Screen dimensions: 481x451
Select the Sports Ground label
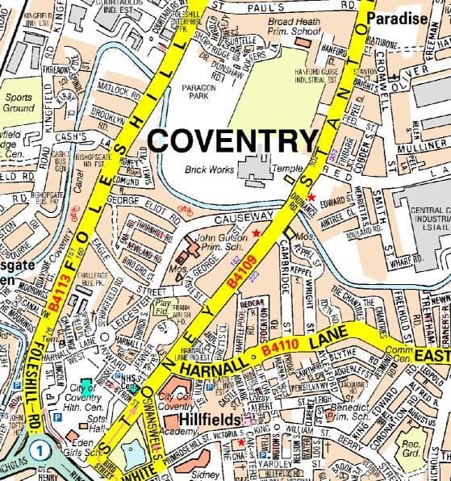coord(19,102)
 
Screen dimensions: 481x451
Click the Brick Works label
coord(208,169)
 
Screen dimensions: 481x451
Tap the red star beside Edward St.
coord(311,198)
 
